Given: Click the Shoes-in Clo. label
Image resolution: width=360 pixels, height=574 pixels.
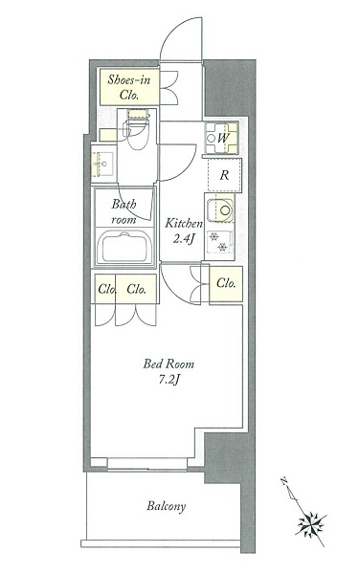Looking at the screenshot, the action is (x=129, y=87).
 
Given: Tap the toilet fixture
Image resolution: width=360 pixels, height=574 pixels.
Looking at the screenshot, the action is (x=137, y=130).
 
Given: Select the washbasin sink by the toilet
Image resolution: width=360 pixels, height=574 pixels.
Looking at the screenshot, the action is (x=104, y=164).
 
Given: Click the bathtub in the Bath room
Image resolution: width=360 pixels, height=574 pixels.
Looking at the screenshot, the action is (x=124, y=246).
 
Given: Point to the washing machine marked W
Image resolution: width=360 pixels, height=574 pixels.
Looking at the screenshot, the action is (x=221, y=138).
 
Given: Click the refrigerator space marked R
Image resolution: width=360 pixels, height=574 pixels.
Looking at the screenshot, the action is (x=224, y=175).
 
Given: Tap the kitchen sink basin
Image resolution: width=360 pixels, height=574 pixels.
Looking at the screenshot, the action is (x=220, y=210).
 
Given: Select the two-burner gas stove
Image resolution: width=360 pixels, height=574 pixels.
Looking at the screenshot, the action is (x=219, y=242).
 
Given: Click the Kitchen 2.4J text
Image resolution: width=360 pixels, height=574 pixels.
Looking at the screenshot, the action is (x=183, y=231).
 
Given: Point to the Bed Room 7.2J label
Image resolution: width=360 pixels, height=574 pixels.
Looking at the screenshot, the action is (x=169, y=371).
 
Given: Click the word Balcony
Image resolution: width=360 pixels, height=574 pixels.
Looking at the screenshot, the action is (x=167, y=506).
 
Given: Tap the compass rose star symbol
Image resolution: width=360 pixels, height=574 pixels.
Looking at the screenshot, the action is (x=311, y=523).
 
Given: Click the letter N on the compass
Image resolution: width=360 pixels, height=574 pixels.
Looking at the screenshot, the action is (x=283, y=480).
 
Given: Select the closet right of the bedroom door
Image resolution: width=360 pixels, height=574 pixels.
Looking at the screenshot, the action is (x=226, y=284).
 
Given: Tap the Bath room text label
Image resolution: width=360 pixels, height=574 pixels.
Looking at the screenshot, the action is (x=124, y=211).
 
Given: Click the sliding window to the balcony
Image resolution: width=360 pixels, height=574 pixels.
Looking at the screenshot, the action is (x=147, y=463).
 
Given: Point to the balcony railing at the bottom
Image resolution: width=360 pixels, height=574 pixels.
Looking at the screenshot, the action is (x=161, y=543).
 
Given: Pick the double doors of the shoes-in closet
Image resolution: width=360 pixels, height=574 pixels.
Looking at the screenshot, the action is (x=169, y=87).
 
